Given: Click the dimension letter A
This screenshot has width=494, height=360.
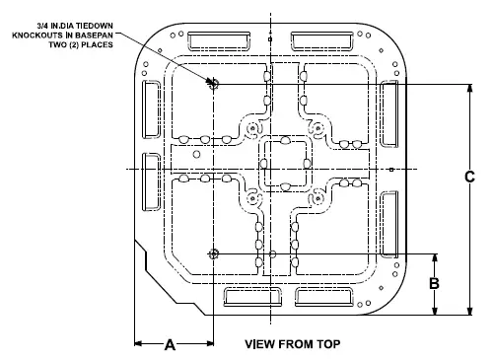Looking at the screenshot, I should click(170, 345).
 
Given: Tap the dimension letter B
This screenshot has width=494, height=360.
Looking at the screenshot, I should click(432, 283).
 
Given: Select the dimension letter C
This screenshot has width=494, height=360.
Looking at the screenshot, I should click(469, 178).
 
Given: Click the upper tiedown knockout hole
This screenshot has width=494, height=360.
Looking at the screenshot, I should click(211, 84).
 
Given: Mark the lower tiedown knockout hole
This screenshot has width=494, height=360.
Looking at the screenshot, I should click(212, 253).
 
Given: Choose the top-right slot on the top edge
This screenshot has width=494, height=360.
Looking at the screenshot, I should click(318, 39).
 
